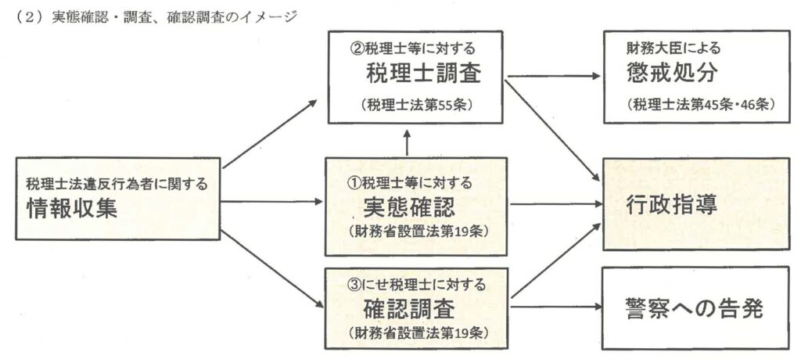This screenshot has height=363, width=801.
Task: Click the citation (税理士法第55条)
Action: tap(416, 104)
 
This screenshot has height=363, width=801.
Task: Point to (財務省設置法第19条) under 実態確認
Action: tap(415, 233)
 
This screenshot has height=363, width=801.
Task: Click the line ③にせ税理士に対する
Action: tap(415, 283)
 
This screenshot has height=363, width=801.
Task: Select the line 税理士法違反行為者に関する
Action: tap(119, 185)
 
